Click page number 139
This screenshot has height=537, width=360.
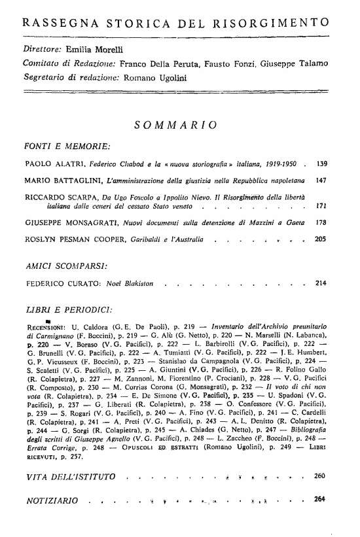point(321,162)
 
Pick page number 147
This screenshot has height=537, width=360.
point(321,179)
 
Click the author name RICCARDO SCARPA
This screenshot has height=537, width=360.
point(54,196)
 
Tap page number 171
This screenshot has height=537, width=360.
point(321,205)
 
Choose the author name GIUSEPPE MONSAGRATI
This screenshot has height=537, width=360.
point(65,223)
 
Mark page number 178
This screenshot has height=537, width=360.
point(321,223)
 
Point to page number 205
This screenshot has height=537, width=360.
point(321,240)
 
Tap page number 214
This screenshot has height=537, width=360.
point(321,284)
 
